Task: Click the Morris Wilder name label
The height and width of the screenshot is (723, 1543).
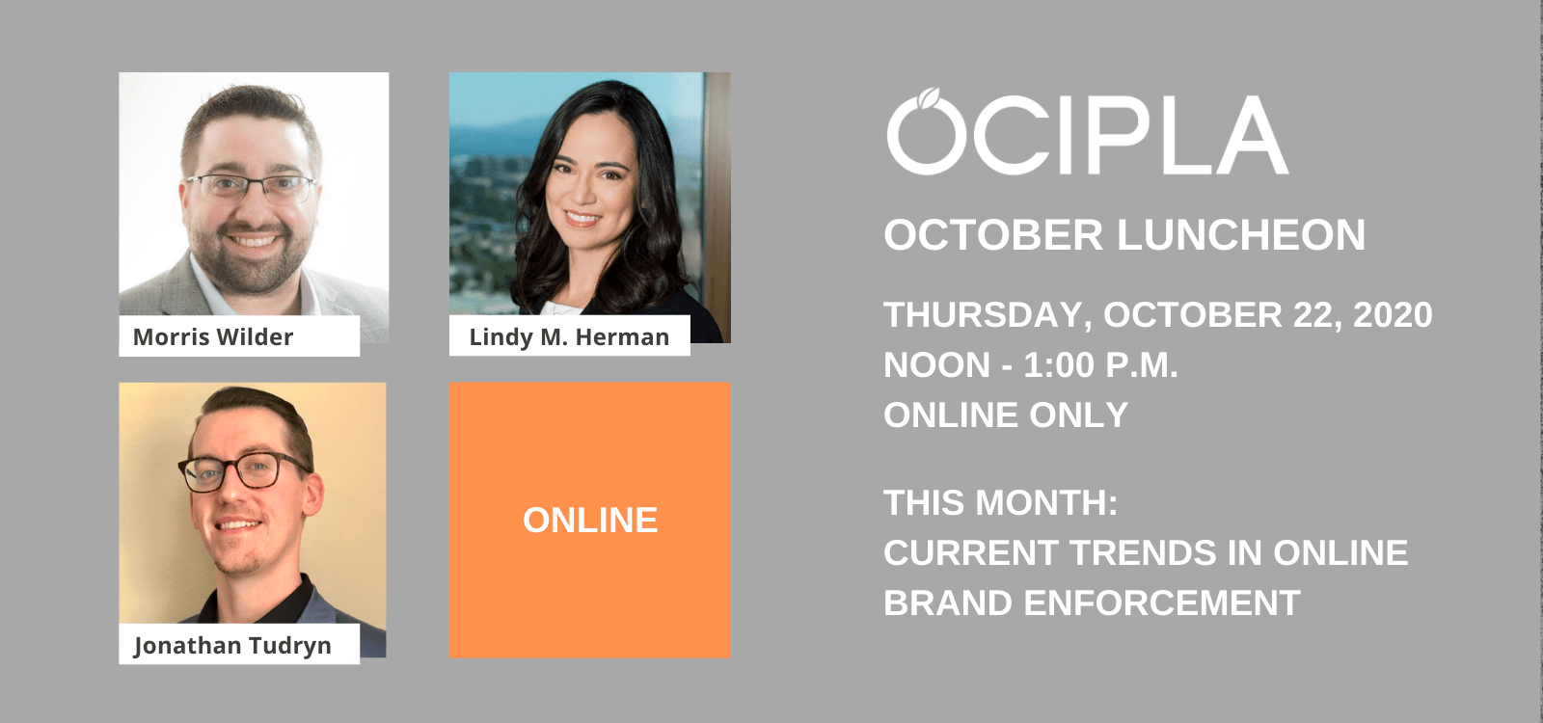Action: [213, 336]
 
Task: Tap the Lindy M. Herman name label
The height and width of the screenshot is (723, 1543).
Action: [569, 336]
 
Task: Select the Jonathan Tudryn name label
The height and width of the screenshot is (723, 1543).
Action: [232, 646]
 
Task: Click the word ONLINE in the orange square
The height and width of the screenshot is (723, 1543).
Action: [590, 520]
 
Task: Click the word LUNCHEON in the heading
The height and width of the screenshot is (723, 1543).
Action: [1241, 235]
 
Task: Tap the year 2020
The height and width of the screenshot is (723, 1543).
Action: [1393, 314]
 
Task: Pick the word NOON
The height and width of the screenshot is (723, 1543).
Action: [936, 365]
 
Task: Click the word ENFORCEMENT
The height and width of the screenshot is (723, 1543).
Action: [1162, 603]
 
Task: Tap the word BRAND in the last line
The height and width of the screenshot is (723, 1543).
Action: [948, 603]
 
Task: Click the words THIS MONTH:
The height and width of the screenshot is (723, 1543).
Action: [1001, 502]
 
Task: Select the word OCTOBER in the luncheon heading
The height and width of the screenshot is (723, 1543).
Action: [993, 235]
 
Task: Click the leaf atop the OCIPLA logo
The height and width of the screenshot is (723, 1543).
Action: [929, 97]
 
